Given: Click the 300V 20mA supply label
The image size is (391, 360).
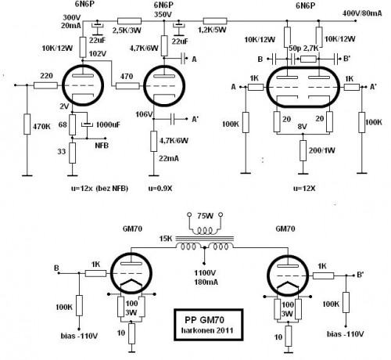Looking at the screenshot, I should [x=72, y=21].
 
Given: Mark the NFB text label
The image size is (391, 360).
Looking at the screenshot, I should [x=102, y=145].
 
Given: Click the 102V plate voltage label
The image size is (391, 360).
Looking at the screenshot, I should [x=75, y=54].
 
